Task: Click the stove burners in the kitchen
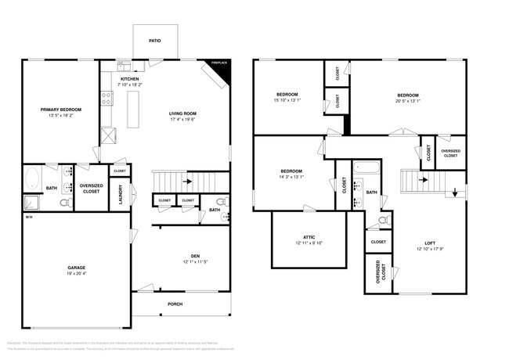[106, 98]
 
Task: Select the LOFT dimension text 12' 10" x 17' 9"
[430, 250]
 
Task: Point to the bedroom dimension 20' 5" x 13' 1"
[408, 100]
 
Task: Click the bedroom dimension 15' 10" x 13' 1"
[287, 100]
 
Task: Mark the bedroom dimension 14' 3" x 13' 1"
[291, 176]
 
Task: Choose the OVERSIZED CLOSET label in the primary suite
[91, 188]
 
